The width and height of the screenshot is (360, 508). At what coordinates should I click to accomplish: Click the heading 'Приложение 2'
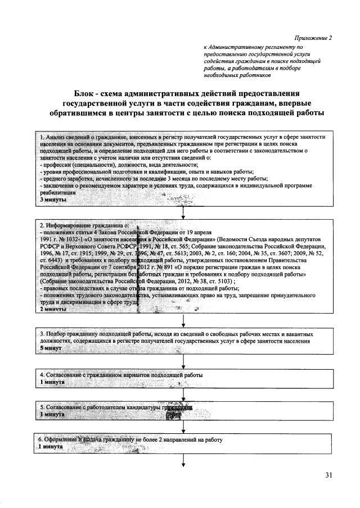click(x=313, y=38)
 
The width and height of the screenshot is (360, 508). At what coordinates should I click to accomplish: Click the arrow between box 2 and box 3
click(x=183, y=321)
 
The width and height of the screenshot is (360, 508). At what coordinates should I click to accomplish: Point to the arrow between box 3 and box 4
click(x=183, y=361)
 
